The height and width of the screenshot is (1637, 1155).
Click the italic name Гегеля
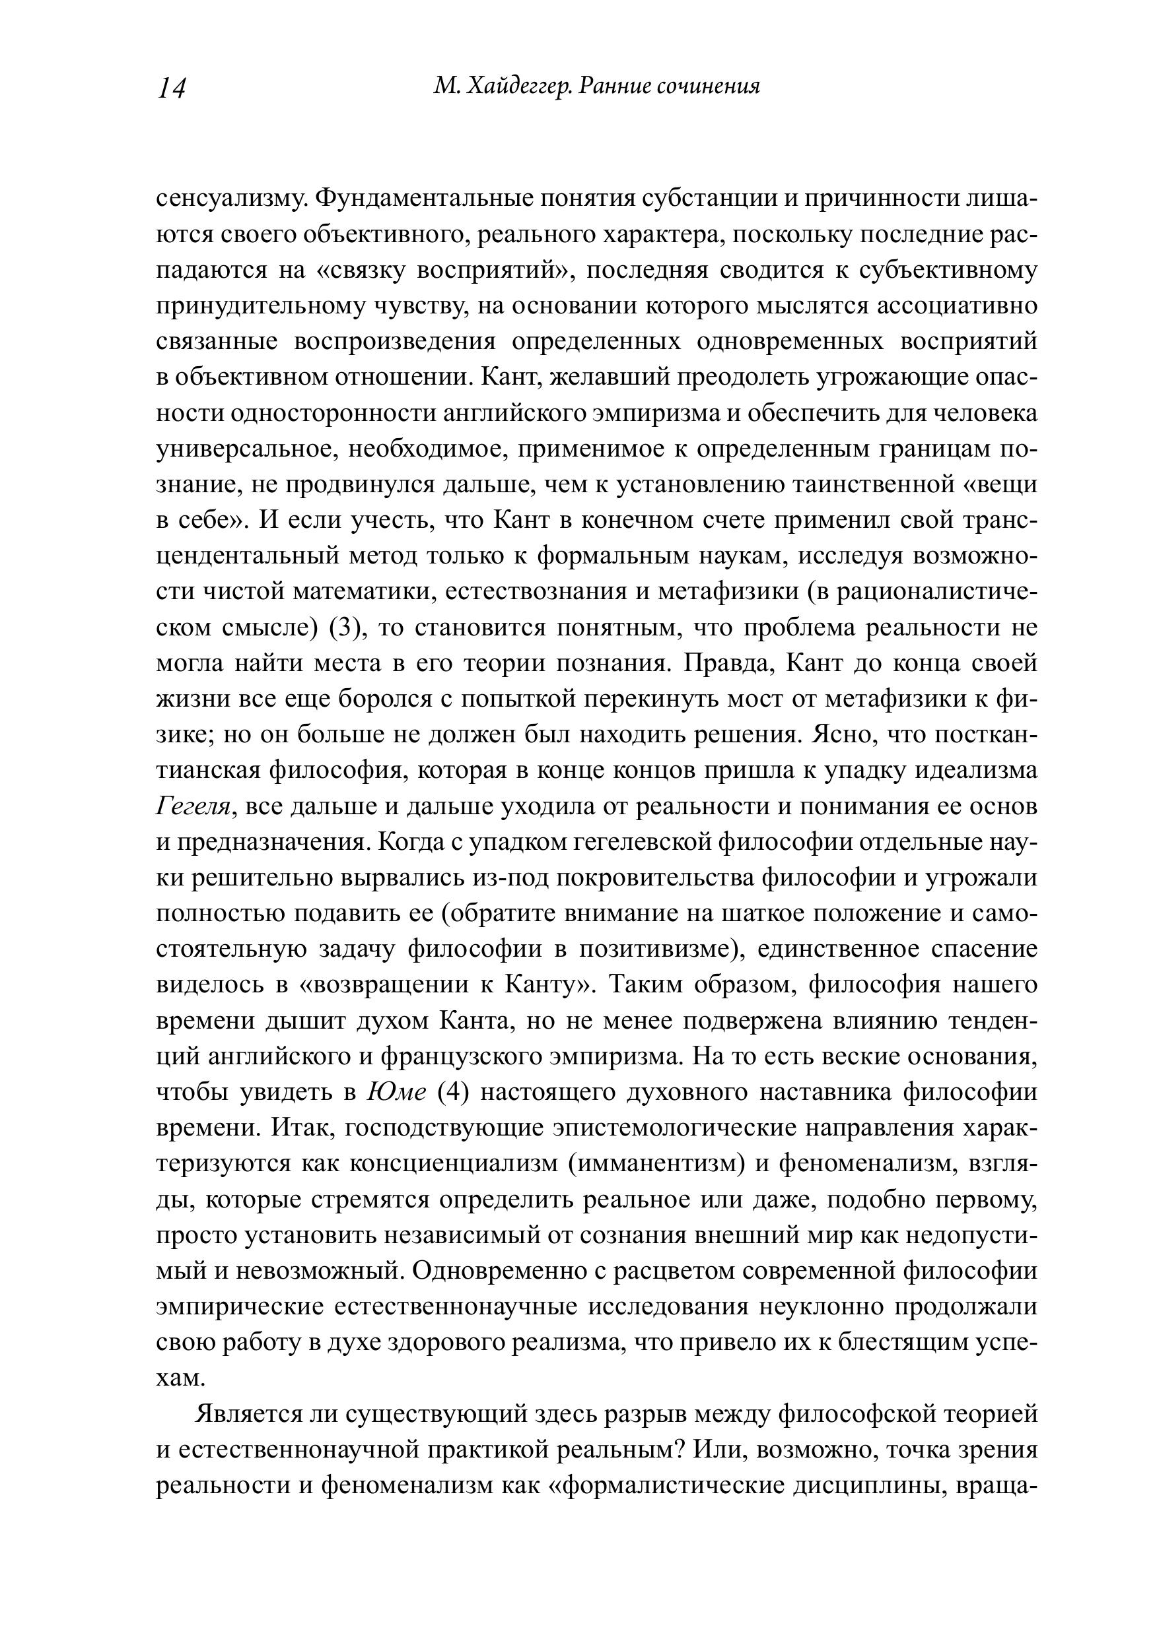193,806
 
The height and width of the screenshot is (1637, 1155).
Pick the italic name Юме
396,1092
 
